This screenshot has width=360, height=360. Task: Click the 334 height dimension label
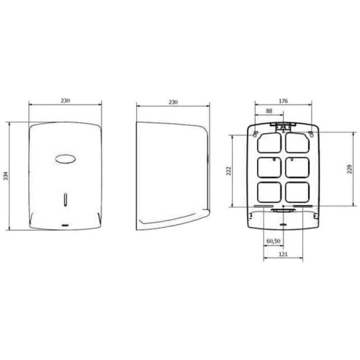tap(6, 176)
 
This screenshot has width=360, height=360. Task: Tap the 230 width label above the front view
tap(65, 101)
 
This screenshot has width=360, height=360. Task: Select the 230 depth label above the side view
tap(173, 102)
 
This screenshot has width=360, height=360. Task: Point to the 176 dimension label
tap(283, 101)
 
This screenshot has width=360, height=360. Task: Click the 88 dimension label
tap(269, 111)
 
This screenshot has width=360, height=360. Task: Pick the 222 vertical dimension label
tap(228, 171)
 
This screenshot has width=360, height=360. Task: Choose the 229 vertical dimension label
tap(350, 169)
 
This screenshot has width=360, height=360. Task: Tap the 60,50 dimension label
tap(274, 240)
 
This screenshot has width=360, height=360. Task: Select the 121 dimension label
tap(283, 254)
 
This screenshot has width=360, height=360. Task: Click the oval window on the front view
tap(66, 159)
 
